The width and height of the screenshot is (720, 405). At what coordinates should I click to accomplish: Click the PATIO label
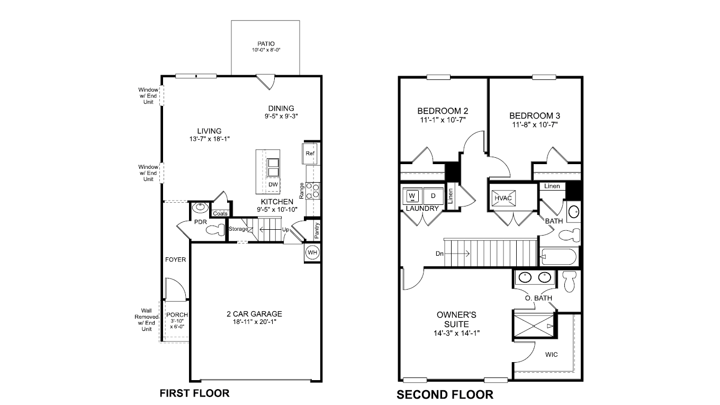(x=266, y=44)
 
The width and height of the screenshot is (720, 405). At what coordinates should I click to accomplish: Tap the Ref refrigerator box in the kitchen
(x=310, y=154)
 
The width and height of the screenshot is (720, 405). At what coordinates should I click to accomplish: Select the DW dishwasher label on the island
(x=273, y=184)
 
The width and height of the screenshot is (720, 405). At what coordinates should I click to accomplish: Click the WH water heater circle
(x=312, y=253)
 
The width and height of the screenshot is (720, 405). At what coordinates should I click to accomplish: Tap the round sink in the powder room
(x=200, y=208)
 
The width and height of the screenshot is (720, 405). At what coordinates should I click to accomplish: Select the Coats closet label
(x=220, y=213)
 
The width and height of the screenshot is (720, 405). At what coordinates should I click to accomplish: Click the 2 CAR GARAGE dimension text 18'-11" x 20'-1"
(x=255, y=321)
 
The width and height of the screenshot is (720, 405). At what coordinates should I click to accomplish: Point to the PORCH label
(x=174, y=314)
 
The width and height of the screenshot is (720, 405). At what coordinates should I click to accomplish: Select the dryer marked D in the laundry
(x=431, y=195)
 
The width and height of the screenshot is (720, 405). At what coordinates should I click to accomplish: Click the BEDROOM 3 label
(x=535, y=115)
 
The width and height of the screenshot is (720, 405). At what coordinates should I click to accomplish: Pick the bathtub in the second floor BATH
(x=559, y=258)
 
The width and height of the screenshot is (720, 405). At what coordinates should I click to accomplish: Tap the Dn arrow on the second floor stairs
(x=455, y=254)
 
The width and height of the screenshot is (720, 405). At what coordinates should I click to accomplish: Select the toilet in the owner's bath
(x=570, y=281)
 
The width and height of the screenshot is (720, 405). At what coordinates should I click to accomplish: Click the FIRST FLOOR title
(x=194, y=393)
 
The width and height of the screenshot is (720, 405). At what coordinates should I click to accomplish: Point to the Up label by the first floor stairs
(x=285, y=230)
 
